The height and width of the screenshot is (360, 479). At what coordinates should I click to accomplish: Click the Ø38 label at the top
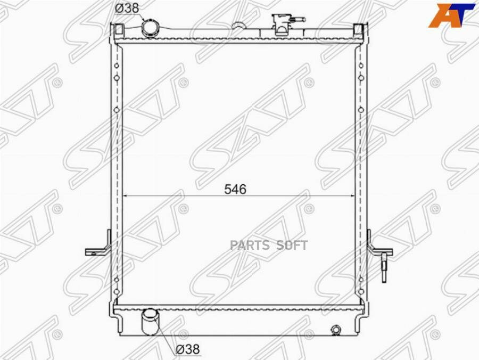[x=127, y=8]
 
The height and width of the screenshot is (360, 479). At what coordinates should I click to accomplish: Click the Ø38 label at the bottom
[x=188, y=349]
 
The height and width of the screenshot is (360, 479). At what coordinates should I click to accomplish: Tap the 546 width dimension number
[x=235, y=190]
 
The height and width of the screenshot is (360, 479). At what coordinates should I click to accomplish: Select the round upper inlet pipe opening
[x=150, y=28]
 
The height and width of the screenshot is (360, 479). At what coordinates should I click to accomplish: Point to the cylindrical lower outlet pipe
[x=150, y=322]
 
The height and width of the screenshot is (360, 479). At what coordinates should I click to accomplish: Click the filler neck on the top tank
[x=281, y=24]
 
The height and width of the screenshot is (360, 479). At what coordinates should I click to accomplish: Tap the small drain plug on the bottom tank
[x=336, y=330]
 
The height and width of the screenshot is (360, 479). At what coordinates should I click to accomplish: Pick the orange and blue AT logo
[x=451, y=15]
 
